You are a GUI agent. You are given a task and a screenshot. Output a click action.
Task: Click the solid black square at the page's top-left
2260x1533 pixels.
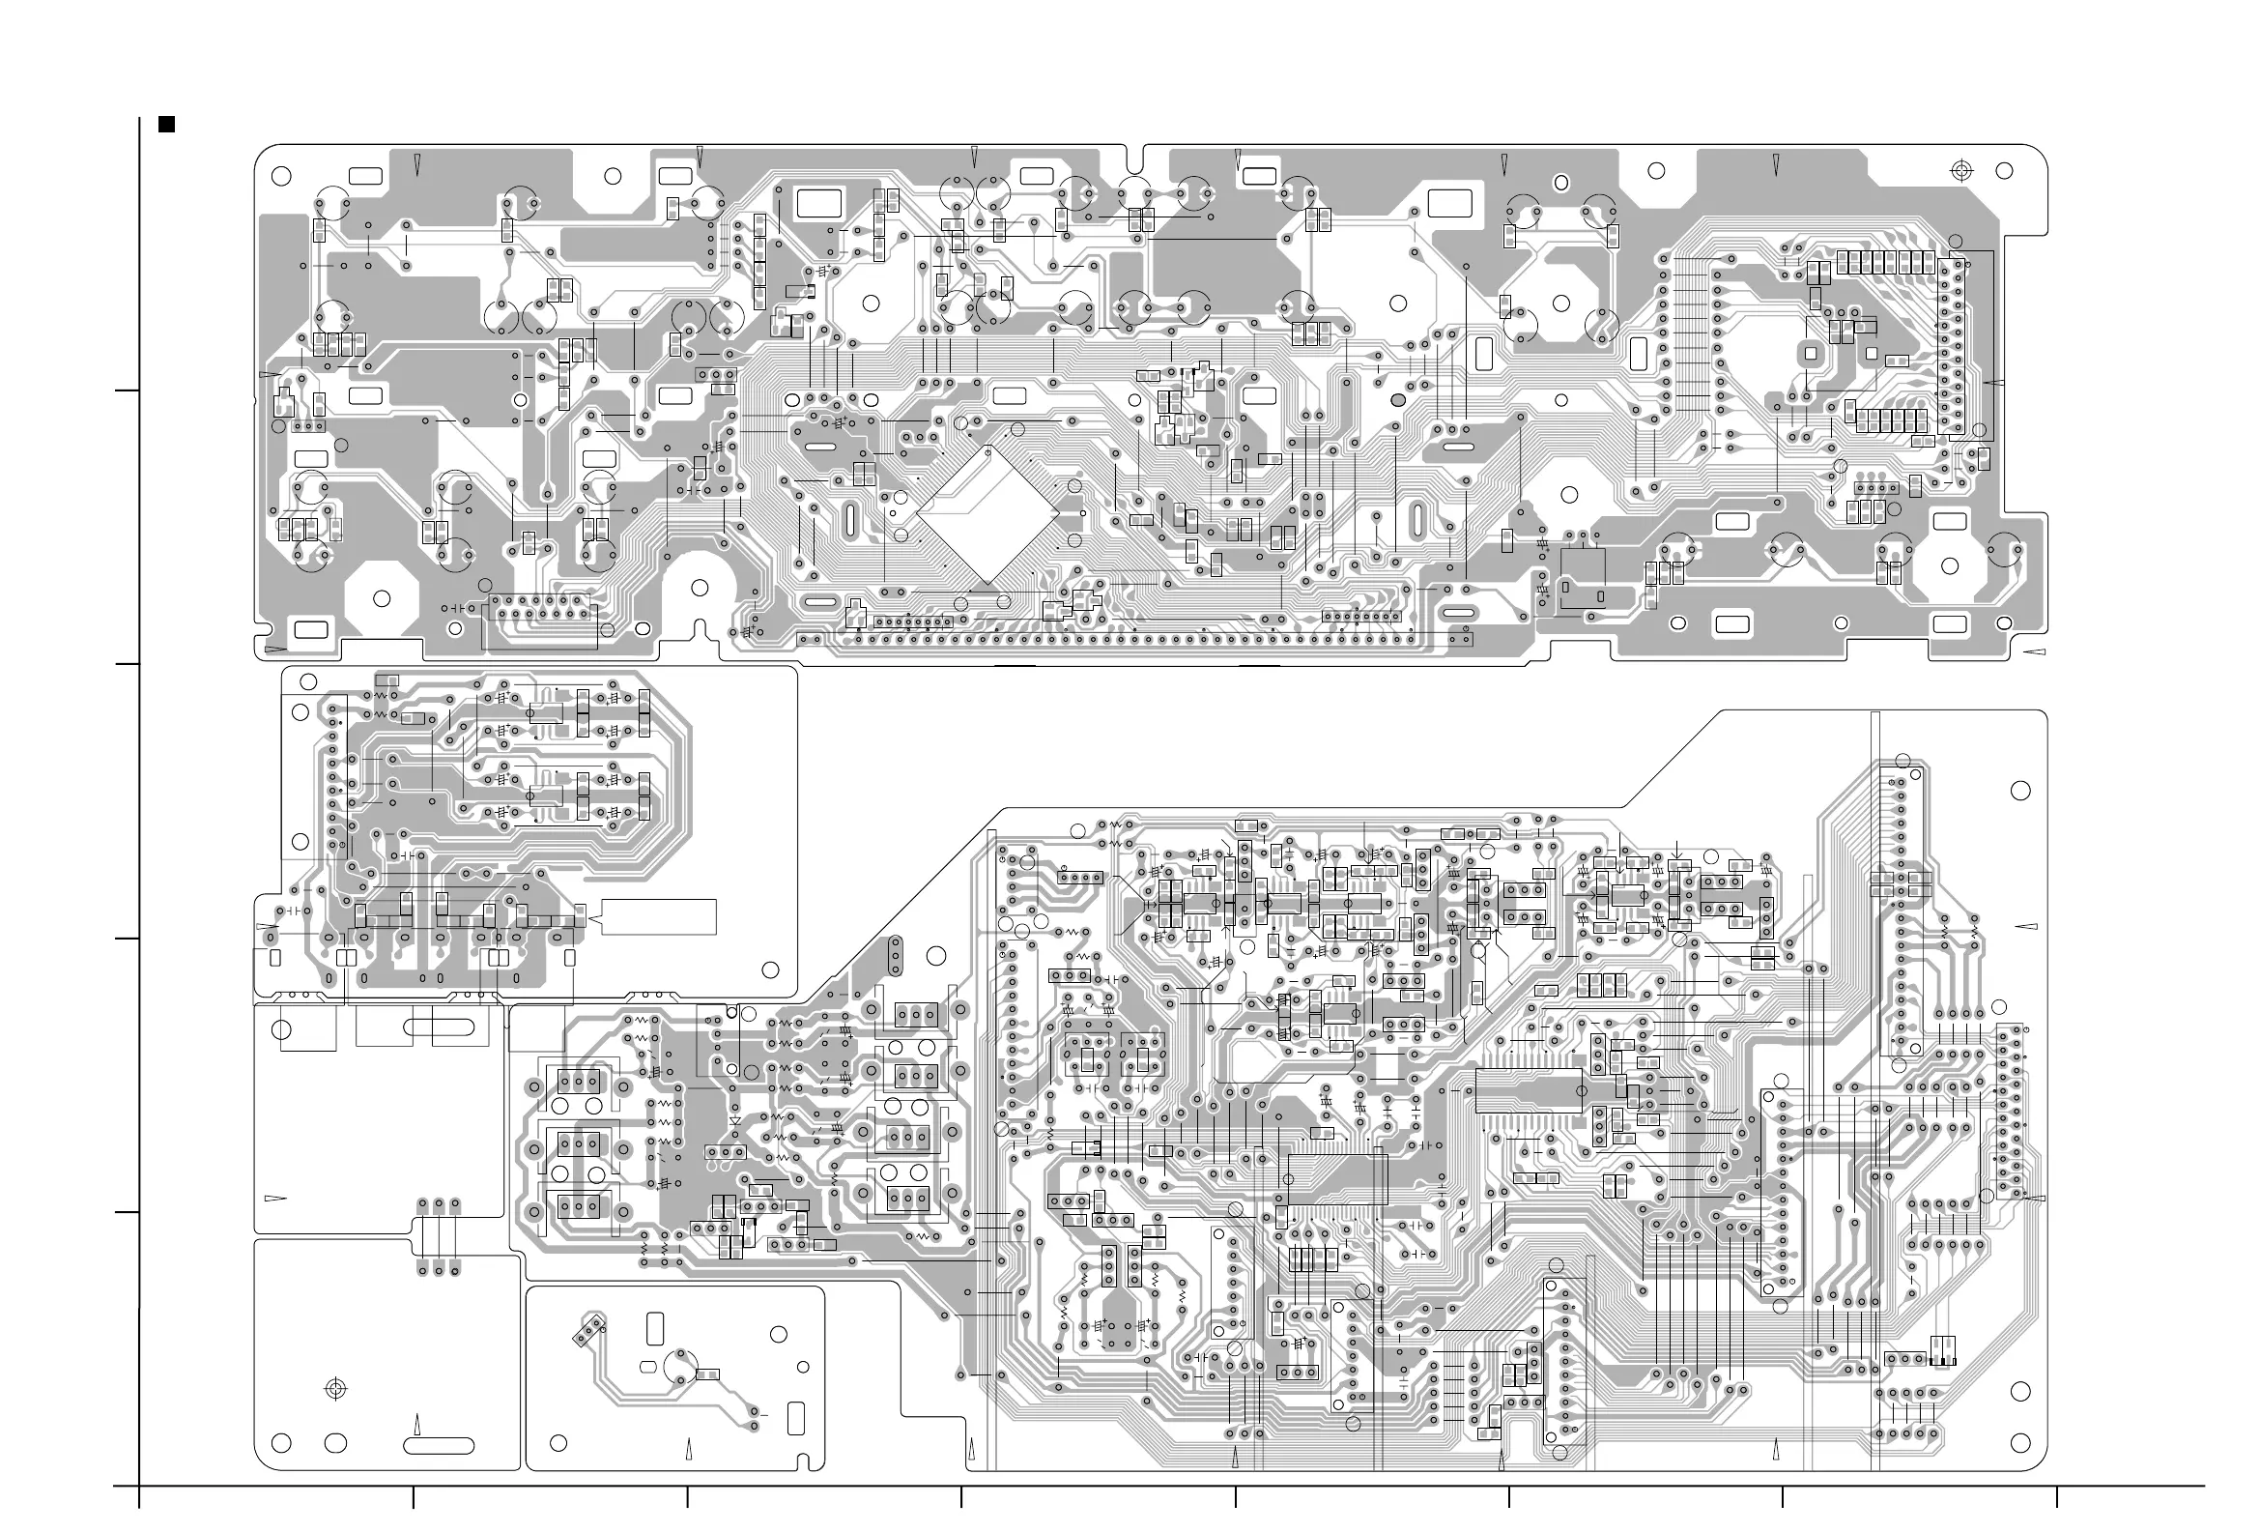166,125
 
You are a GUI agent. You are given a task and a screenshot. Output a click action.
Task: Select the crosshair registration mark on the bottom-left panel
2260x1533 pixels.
335,1388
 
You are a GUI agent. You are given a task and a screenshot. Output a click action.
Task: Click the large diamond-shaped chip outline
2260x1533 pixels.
988,514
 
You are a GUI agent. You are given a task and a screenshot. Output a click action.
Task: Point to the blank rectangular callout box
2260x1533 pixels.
659,916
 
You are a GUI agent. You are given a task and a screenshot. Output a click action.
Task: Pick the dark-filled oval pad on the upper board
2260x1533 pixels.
1398,400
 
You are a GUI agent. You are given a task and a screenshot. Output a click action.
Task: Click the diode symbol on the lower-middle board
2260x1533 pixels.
734,1120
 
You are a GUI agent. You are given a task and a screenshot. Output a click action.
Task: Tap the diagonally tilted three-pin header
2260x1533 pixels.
589,1331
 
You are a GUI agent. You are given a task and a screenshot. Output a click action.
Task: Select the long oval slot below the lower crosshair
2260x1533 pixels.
439,1446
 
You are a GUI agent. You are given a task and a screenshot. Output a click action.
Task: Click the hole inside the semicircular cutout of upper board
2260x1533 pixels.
701,588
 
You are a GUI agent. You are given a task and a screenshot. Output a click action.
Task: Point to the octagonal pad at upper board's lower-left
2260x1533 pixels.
383,598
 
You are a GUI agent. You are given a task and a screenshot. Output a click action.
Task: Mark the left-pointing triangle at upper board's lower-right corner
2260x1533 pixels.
2033,651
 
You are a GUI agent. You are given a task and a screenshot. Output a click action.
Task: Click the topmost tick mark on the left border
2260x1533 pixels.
127,390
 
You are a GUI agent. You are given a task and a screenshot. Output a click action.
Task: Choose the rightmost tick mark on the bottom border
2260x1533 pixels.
2056,1497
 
